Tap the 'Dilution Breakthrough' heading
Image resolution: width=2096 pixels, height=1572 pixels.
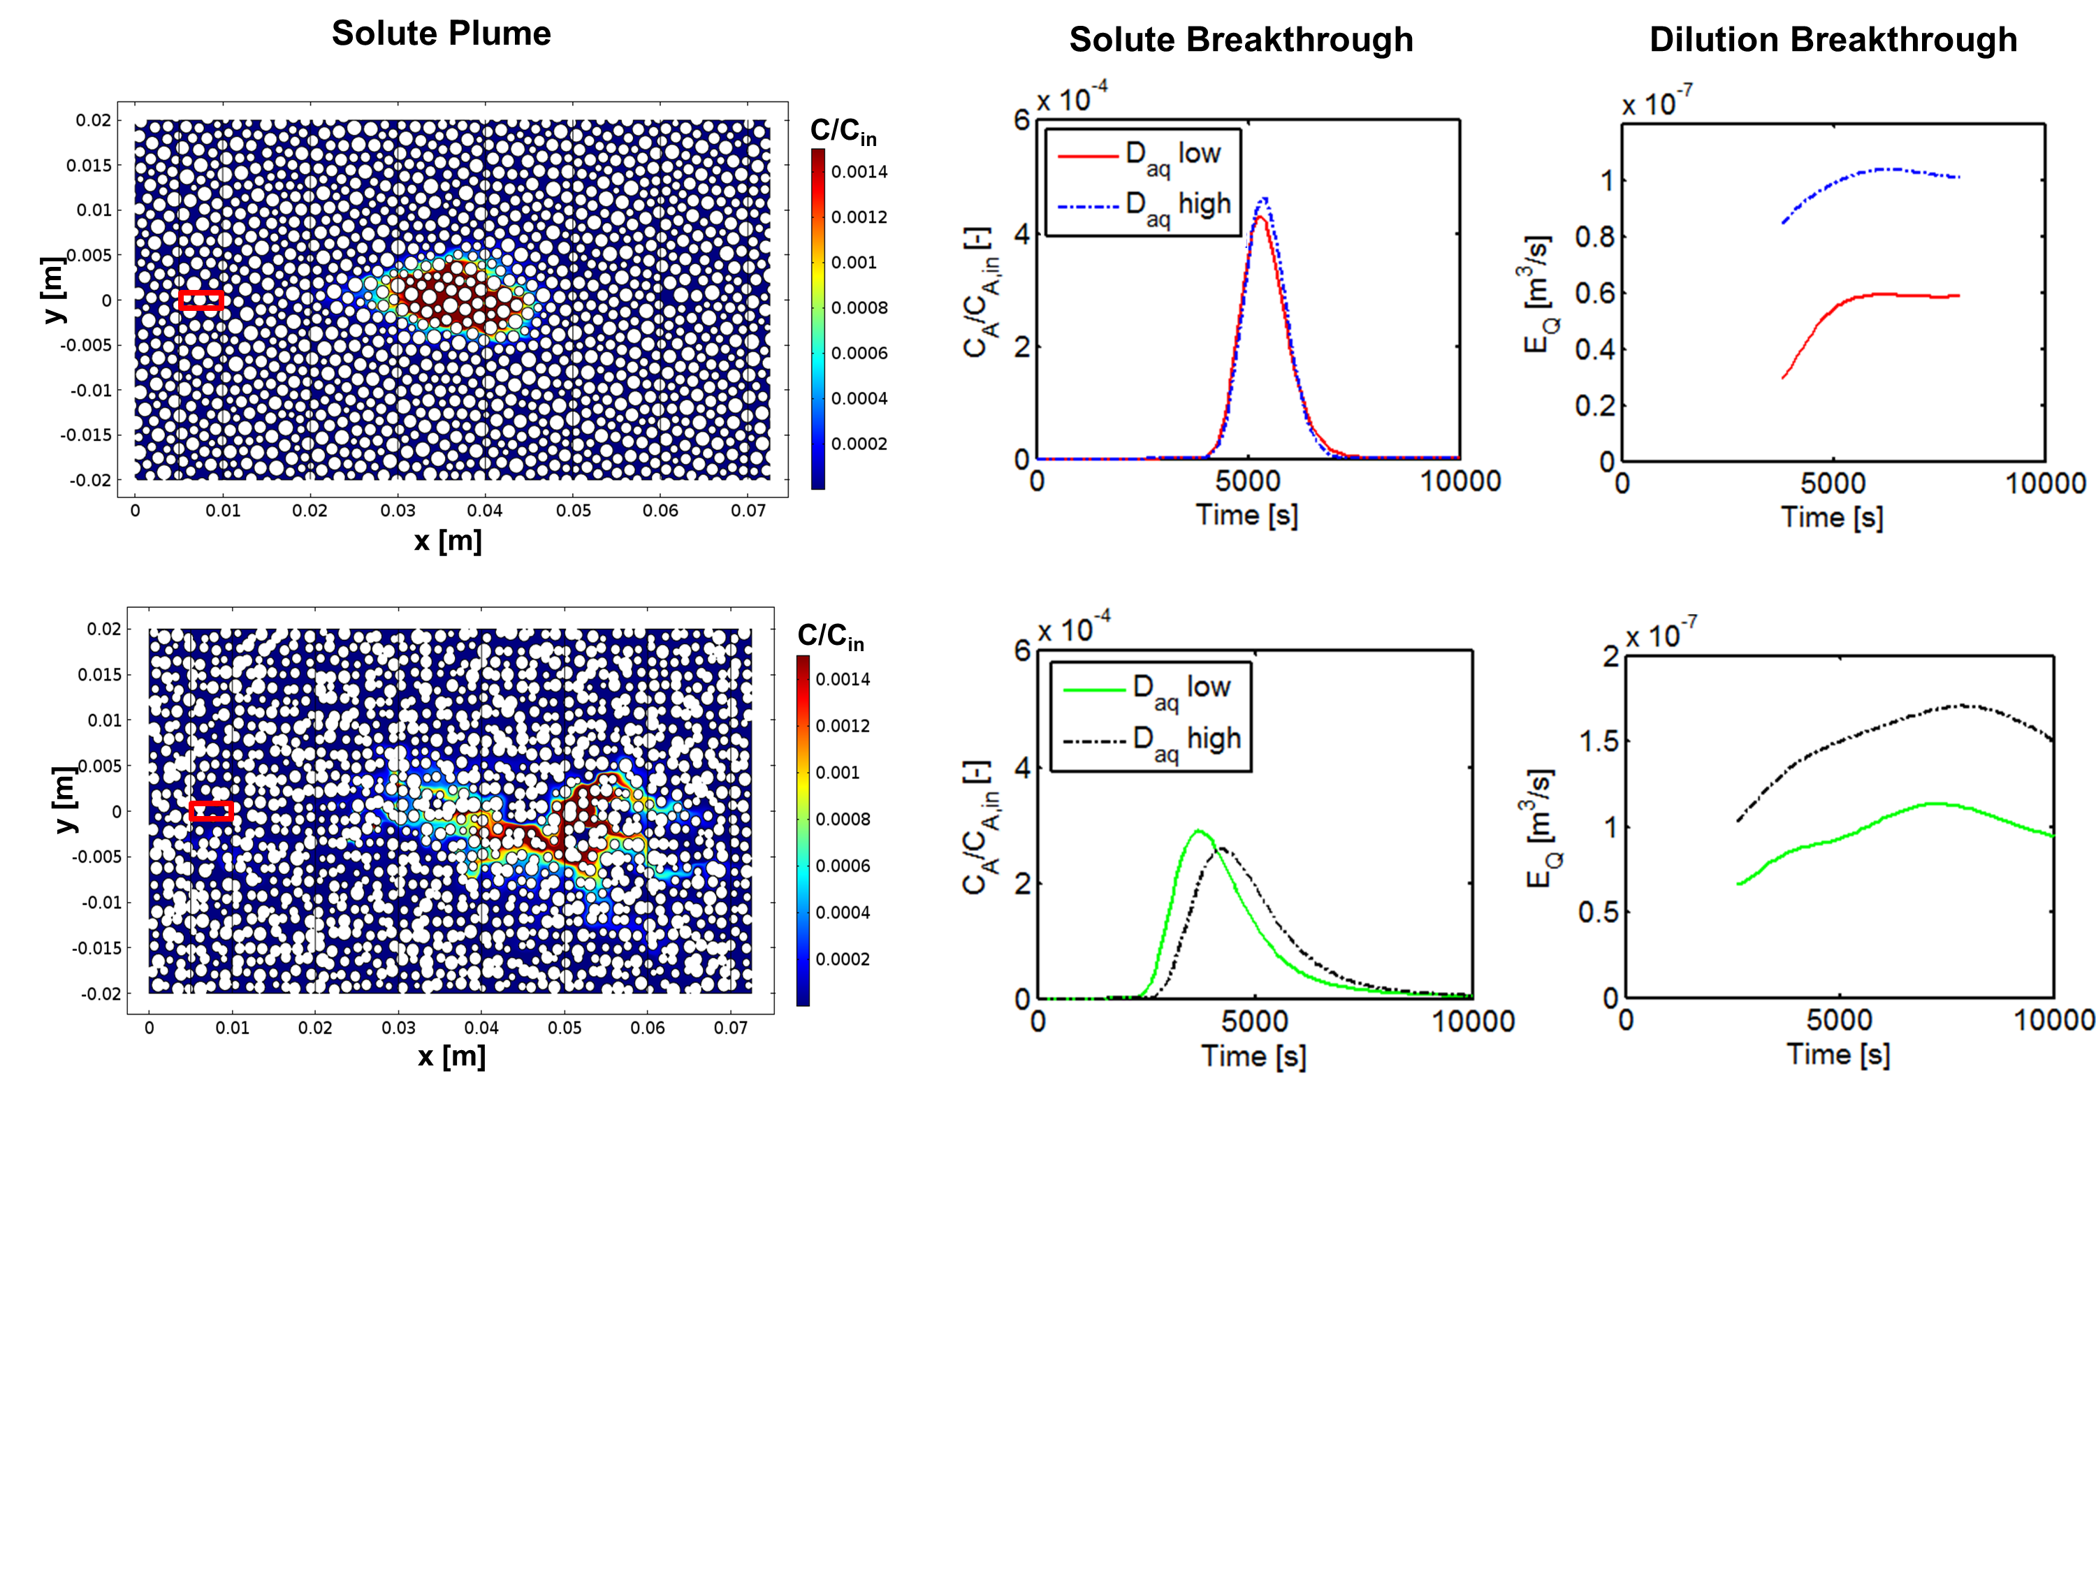click(1833, 40)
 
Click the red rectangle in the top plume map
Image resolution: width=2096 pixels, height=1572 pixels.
click(201, 300)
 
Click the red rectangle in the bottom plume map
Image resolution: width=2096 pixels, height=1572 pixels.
click(211, 811)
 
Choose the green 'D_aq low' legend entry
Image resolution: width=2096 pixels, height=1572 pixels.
click(1147, 689)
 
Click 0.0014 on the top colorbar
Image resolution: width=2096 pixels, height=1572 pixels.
click(859, 171)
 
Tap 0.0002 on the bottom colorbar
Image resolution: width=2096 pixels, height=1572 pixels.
click(843, 959)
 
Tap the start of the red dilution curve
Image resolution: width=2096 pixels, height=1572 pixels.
click(1783, 378)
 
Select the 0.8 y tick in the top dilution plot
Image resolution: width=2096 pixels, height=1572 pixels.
click(1595, 236)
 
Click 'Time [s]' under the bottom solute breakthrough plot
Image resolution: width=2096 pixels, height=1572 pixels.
click(1253, 1054)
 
